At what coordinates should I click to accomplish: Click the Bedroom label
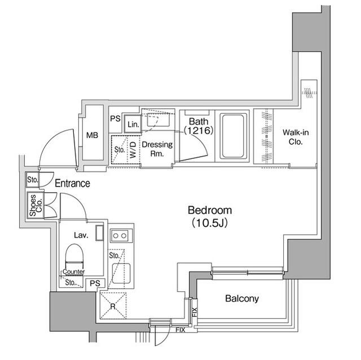(209, 210)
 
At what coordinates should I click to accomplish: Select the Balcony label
(241, 298)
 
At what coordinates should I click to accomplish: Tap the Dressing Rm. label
(157, 149)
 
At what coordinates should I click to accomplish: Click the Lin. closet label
(133, 124)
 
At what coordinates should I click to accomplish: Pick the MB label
(92, 135)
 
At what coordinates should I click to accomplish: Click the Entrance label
(72, 183)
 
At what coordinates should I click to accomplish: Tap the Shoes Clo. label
(33, 206)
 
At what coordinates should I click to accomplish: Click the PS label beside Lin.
(115, 119)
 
